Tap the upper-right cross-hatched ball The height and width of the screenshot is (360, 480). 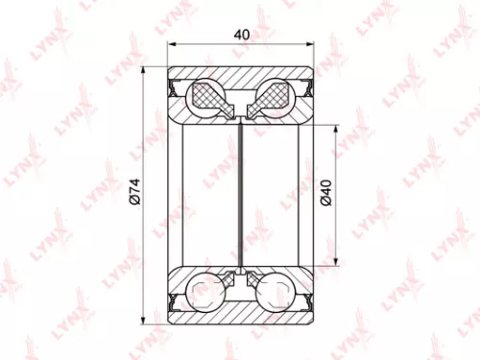coord(272,97)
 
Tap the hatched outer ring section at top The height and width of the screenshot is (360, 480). coord(241,76)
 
